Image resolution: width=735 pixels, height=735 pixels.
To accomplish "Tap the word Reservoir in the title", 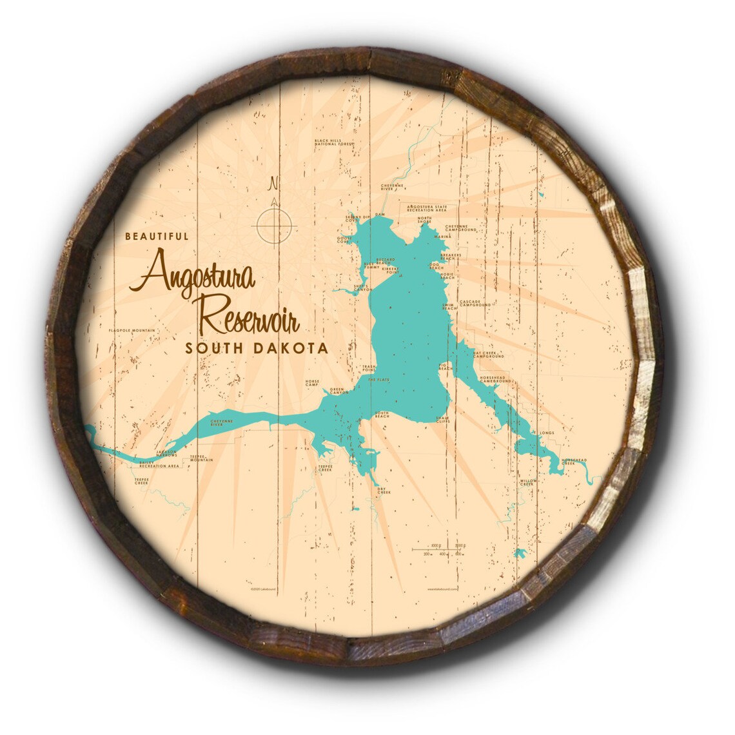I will [252, 316].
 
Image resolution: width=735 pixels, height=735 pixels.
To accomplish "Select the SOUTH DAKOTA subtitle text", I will [256, 348].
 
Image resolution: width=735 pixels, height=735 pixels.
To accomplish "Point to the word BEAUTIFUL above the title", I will [157, 237].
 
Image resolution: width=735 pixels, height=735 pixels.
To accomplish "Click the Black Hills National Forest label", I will [334, 142].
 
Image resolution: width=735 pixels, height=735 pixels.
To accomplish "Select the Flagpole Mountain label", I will [132, 331].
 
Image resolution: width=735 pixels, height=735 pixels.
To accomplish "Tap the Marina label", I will [442, 237].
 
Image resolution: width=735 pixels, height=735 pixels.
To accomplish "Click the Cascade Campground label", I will [475, 303].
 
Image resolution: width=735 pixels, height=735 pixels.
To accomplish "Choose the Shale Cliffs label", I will [442, 420].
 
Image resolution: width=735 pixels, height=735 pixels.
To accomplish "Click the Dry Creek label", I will [384, 491].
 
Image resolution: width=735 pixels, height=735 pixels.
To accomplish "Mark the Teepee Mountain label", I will [201, 459].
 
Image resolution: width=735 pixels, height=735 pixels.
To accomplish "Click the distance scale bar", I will [438, 549].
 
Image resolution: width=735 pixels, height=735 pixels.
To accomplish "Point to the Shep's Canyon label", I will [362, 288].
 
